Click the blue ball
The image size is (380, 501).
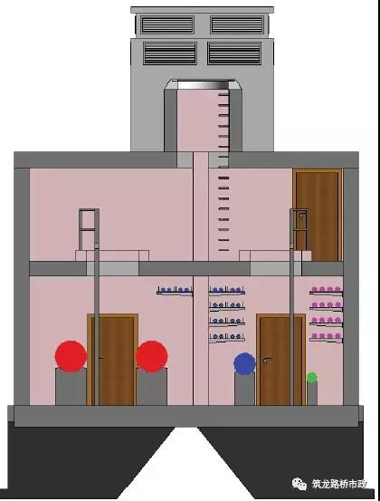point(244,363)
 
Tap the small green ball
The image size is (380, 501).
point(312,378)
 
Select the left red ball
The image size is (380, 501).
point(71,356)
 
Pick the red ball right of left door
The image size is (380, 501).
point(152,356)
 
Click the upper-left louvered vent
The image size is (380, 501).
point(167,24)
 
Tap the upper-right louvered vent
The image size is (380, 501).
point(237,24)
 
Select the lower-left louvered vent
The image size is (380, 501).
point(170,53)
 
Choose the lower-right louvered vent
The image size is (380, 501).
point(234,53)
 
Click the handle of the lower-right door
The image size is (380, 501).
point(267,360)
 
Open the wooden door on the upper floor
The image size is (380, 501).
point(318,215)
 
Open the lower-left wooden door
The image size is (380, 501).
point(112,360)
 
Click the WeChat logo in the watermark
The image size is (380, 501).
point(299,484)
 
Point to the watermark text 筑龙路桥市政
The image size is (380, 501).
point(339,484)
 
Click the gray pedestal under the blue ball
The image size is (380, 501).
point(244,389)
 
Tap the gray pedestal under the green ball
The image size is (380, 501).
point(312,394)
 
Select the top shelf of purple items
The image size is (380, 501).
point(326,290)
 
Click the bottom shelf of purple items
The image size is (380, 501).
point(326,337)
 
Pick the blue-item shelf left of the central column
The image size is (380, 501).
point(175,291)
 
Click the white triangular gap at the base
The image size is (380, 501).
point(186,465)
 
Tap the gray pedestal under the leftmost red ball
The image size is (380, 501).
point(71,387)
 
